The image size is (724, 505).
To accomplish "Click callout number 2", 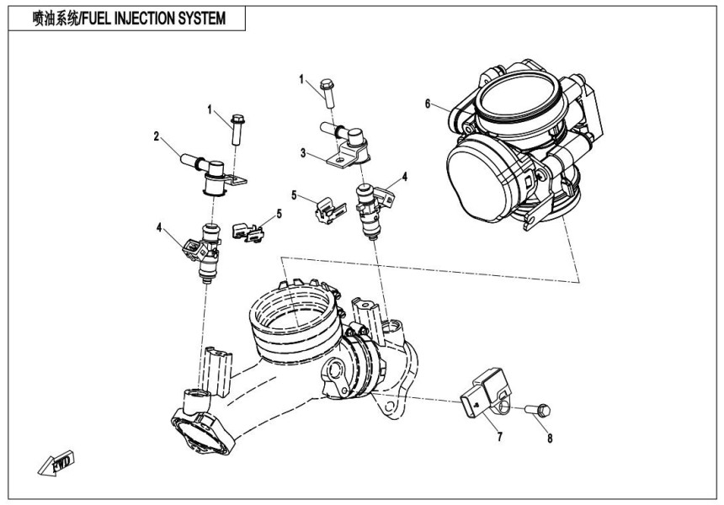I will pos(157,136).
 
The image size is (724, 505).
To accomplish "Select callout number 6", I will pos(428,104).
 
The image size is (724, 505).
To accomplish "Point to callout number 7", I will pos(499,438).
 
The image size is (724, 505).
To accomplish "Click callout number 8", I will pos(551,437).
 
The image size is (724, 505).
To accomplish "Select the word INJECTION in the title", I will pos(146,19).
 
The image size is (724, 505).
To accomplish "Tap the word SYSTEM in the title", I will pos(200,19).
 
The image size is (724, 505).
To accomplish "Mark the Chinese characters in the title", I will pos(52,19).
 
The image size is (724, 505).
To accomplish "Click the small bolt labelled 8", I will pos(536,411).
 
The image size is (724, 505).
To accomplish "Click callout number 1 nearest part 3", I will pos(301,78).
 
